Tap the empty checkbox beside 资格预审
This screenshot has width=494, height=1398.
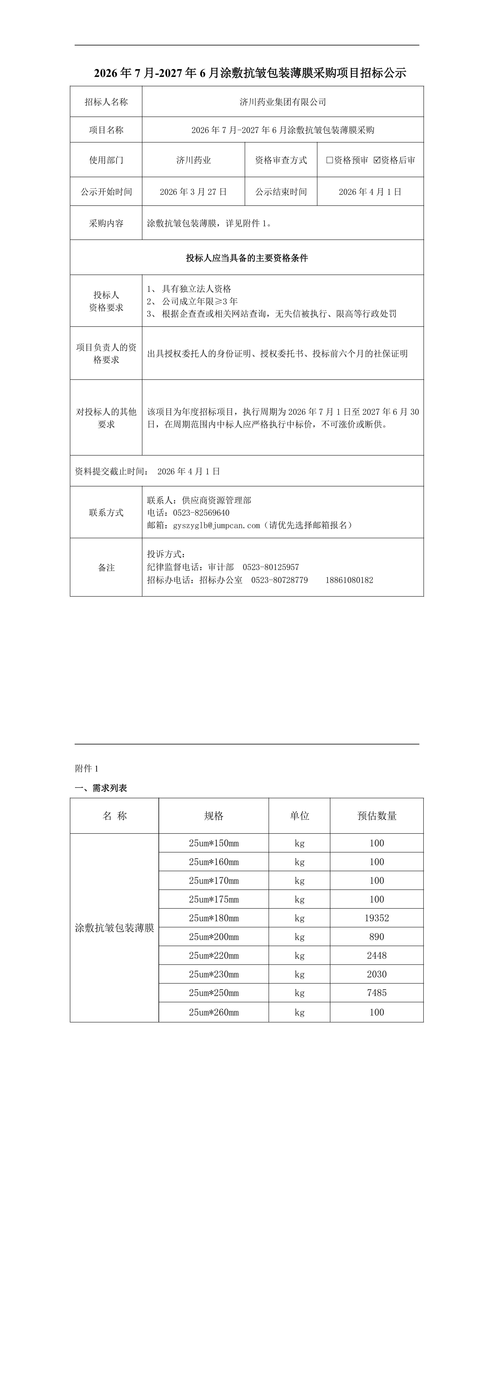point(330,160)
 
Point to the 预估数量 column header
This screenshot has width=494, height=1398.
point(377,816)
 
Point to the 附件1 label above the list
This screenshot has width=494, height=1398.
point(87,769)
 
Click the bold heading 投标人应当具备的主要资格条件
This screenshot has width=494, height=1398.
point(247,258)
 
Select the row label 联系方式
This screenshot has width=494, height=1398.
point(106,512)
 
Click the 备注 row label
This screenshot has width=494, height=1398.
point(106,568)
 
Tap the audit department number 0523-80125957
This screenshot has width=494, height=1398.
point(271,567)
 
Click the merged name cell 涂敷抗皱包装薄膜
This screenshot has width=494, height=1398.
point(114,928)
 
